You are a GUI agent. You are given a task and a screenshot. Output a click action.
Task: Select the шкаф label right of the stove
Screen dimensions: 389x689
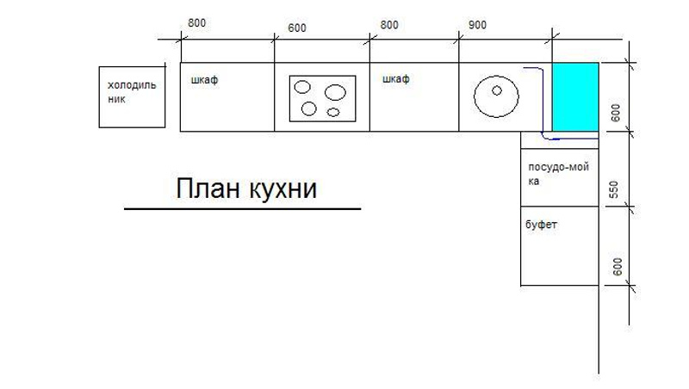click(395, 79)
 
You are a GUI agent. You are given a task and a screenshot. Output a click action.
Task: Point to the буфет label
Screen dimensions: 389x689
click(542, 225)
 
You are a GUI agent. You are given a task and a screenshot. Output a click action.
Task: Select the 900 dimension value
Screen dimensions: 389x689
click(477, 26)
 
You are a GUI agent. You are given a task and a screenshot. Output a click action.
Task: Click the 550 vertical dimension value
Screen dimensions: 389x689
click(615, 190)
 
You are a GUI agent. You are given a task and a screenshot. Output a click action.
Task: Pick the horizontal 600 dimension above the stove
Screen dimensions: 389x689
click(297, 28)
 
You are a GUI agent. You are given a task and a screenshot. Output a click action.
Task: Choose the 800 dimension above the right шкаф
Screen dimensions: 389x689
click(389, 26)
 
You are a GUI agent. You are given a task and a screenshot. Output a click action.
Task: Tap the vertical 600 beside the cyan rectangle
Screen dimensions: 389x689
click(615, 113)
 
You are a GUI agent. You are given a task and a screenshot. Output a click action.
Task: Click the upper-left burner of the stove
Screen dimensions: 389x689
click(302, 86)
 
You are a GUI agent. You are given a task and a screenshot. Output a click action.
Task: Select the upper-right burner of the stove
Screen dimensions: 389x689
click(335, 92)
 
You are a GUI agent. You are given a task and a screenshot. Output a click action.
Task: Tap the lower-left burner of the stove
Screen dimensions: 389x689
click(308, 109)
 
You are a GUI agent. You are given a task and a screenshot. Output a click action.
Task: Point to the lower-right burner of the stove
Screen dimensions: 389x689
click(333, 111)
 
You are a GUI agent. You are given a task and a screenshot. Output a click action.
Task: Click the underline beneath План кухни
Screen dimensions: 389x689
click(242, 209)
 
